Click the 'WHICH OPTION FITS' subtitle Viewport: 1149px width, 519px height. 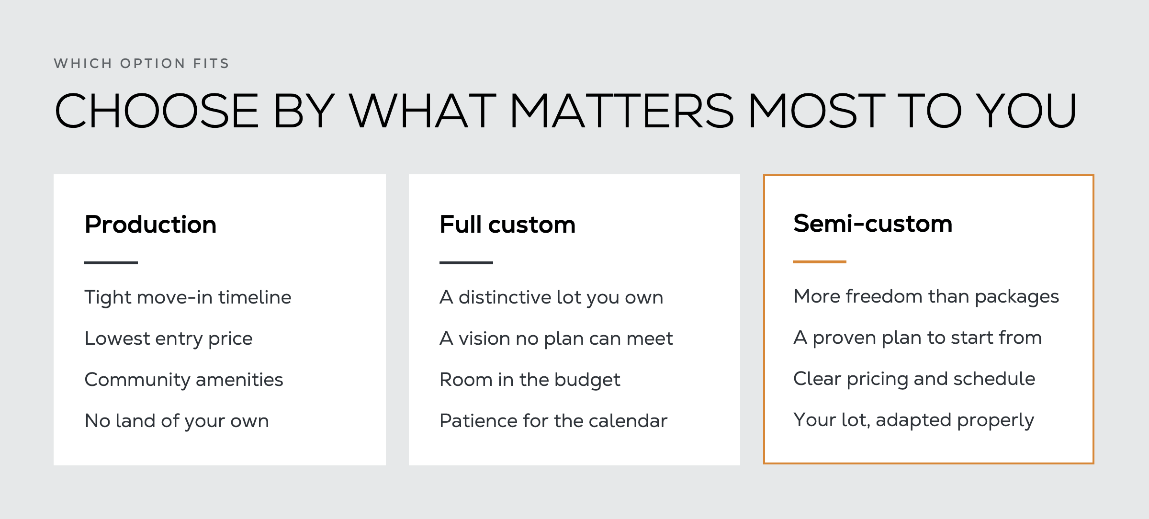click(142, 64)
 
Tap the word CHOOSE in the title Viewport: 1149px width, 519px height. click(157, 111)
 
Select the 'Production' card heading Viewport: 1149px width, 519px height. click(150, 225)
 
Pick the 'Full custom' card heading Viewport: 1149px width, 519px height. click(507, 225)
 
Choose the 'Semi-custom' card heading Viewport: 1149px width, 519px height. click(873, 224)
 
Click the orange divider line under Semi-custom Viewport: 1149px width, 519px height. click(820, 262)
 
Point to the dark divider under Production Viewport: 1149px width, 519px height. click(111, 263)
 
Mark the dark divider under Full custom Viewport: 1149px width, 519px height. click(466, 263)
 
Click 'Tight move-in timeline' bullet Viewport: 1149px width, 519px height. click(188, 297)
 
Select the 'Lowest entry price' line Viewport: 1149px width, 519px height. click(169, 339)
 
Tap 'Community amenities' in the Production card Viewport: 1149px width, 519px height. click(184, 380)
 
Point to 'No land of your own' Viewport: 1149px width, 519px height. click(177, 421)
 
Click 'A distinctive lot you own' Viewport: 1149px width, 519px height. click(552, 298)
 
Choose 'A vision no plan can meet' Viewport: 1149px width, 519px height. click(556, 339)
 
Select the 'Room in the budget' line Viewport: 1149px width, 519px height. click(530, 380)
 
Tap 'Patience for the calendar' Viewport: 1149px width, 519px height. click(553, 421)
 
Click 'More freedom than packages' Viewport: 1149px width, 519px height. click(926, 297)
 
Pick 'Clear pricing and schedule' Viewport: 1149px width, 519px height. click(914, 379)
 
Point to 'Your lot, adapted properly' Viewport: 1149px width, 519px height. click(914, 420)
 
